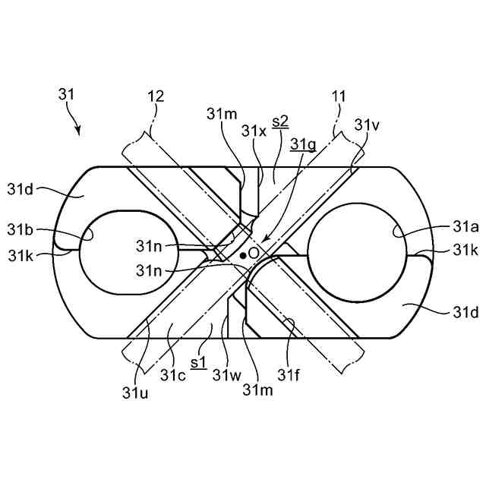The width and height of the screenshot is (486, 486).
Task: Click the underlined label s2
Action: (x=279, y=121)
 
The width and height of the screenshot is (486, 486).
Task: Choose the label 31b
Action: (x=21, y=229)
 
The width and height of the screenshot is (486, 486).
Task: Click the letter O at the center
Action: (x=255, y=251)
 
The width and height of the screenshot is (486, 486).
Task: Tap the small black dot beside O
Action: (x=243, y=256)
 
